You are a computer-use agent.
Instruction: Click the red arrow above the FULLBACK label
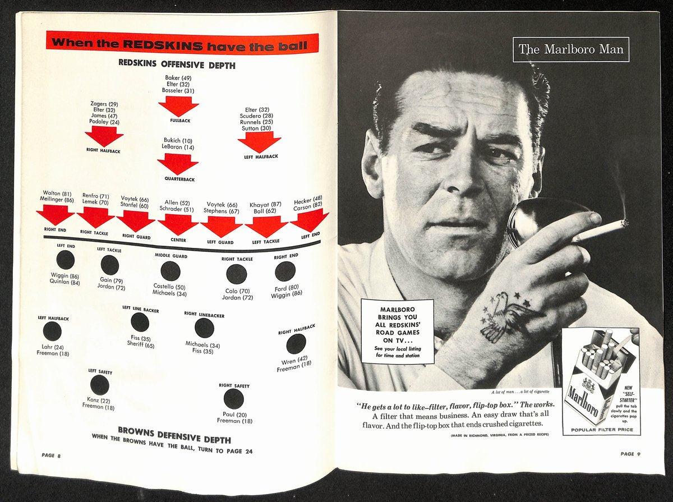click(179, 106)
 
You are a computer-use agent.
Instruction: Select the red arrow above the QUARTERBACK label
click(178, 164)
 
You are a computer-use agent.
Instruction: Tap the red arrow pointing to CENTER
click(178, 224)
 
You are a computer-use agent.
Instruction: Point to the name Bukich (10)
click(178, 140)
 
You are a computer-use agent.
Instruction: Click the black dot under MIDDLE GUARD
click(170, 271)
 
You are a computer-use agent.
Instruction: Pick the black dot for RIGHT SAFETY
click(234, 399)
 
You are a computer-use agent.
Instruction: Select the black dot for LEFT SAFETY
click(100, 385)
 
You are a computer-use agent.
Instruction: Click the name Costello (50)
click(169, 287)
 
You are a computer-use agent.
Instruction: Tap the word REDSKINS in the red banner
click(163, 45)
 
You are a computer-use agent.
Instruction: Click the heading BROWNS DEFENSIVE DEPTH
click(174, 435)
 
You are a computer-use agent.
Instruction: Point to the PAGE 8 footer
click(51, 455)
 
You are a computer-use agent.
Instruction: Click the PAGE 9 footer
click(630, 454)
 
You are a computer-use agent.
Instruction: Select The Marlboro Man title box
click(571, 49)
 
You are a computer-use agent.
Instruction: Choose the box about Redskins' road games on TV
click(398, 332)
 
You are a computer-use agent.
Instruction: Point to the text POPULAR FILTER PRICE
click(602, 430)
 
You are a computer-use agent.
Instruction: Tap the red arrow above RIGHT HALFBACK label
click(104, 136)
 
